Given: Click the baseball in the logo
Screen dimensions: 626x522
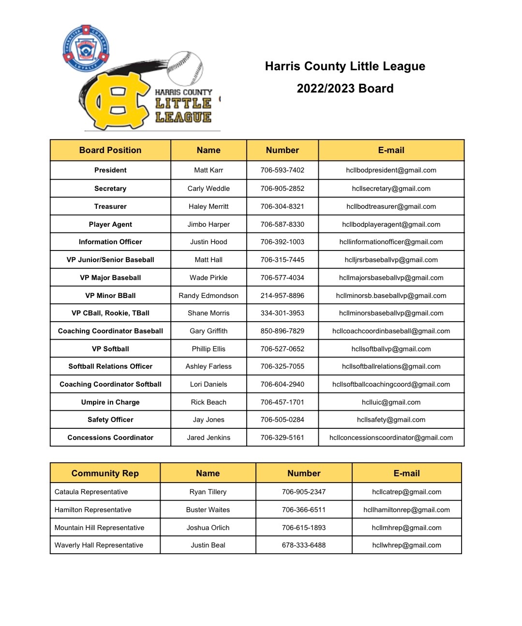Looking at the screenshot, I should [x=185, y=68].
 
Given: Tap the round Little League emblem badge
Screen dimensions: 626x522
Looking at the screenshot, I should [x=86, y=48].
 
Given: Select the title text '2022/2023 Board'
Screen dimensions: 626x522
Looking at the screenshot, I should [x=345, y=88].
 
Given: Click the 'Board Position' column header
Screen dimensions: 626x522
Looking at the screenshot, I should [x=110, y=150].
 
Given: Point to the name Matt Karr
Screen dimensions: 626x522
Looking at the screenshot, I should [x=209, y=170].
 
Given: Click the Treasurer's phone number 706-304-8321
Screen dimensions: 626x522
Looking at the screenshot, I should [x=282, y=206].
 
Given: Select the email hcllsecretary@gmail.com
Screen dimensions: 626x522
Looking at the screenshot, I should [x=391, y=188].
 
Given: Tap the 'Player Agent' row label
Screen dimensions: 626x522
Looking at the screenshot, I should [x=110, y=224].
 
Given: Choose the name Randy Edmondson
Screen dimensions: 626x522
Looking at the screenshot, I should [x=209, y=296].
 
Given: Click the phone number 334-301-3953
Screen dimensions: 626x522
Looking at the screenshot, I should [x=282, y=313].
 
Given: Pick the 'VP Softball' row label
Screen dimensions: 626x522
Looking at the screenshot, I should [x=110, y=349].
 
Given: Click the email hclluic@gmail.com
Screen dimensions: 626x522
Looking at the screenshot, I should [x=391, y=402].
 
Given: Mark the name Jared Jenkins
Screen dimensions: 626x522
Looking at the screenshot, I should [x=209, y=438].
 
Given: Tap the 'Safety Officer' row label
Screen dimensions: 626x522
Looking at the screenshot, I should [x=110, y=420].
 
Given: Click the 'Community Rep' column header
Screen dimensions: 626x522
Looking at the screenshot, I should [x=105, y=473].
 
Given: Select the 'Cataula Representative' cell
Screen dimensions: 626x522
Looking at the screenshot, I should [x=91, y=492].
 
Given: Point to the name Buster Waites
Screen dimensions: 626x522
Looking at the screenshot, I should [x=208, y=510].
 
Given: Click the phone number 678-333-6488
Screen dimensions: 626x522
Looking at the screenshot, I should [x=304, y=545].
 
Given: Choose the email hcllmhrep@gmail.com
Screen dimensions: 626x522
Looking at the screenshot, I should [x=406, y=528].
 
